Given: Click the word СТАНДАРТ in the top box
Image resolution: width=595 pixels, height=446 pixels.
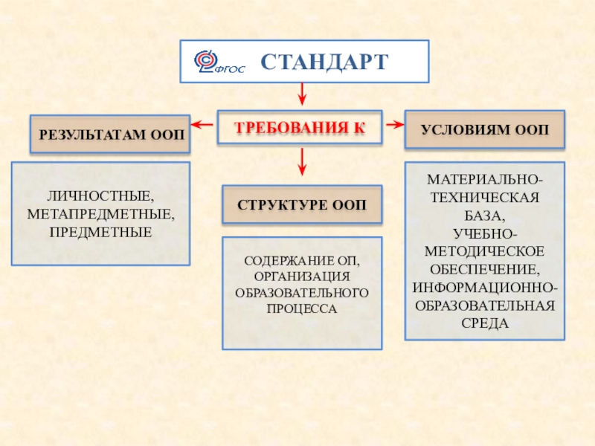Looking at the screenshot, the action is tap(324, 61).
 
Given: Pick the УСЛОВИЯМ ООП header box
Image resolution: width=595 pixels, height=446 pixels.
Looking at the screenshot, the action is tap(485, 130).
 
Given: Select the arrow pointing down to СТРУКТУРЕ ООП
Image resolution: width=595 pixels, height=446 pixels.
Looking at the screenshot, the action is tap(302, 162).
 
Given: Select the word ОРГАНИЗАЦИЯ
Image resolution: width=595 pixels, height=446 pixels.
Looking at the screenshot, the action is tap(302, 277).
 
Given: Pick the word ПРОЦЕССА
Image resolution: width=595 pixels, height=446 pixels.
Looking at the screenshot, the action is tap(302, 308).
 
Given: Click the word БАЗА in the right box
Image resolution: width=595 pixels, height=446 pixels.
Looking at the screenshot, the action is tap(484, 216).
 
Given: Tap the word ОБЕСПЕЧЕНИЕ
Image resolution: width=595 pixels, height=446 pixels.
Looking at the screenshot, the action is tap(484, 270).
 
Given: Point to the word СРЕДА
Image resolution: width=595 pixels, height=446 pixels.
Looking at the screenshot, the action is tap(484, 323).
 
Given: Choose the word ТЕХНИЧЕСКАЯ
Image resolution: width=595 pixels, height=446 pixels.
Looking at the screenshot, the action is tap(484, 198).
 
